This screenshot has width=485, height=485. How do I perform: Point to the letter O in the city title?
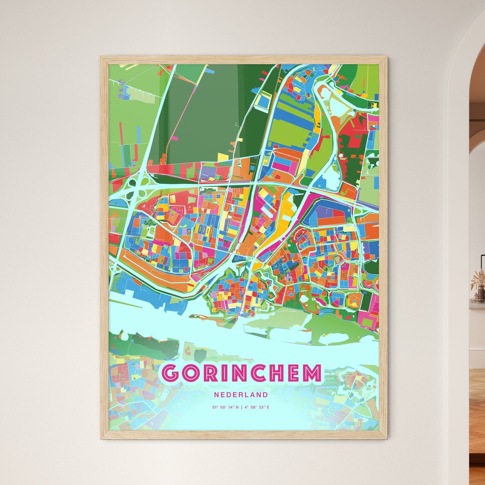[x=192, y=373]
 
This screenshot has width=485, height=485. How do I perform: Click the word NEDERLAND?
[x=241, y=395]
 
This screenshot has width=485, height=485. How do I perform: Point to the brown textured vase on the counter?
[x=478, y=295]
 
